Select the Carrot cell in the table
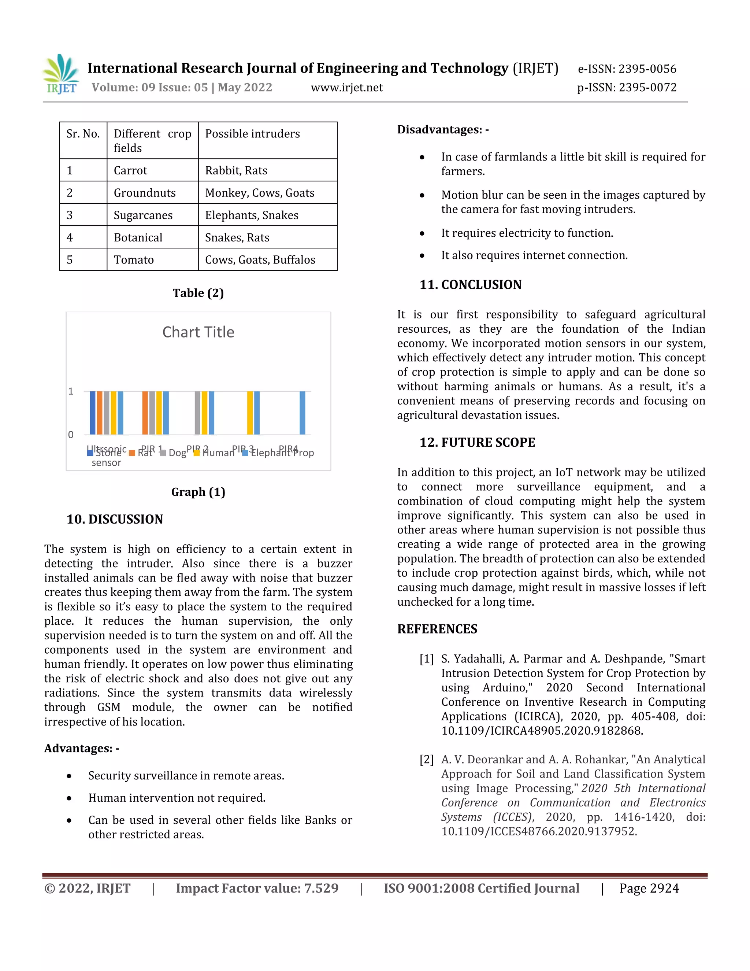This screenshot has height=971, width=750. click(130, 170)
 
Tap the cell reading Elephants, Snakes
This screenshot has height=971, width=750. click(252, 215)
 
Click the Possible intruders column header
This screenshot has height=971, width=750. click(252, 134)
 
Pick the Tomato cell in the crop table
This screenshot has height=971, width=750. click(134, 260)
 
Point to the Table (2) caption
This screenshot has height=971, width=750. click(198, 293)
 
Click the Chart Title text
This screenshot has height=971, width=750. click(198, 332)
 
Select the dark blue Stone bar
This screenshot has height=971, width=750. click(92, 413)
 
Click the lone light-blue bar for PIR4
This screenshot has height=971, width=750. click(302, 413)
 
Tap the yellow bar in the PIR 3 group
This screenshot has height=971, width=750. click(250, 413)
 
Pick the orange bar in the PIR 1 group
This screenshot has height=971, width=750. click(145, 413)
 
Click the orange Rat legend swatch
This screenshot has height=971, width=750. click(132, 453)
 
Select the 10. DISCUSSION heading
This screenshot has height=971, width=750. click(115, 519)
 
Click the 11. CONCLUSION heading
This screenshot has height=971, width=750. click(470, 285)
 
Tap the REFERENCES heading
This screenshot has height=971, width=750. click(437, 629)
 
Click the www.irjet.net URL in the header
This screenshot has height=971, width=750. click(346, 88)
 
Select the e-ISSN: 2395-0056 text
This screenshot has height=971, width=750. click(627, 69)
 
